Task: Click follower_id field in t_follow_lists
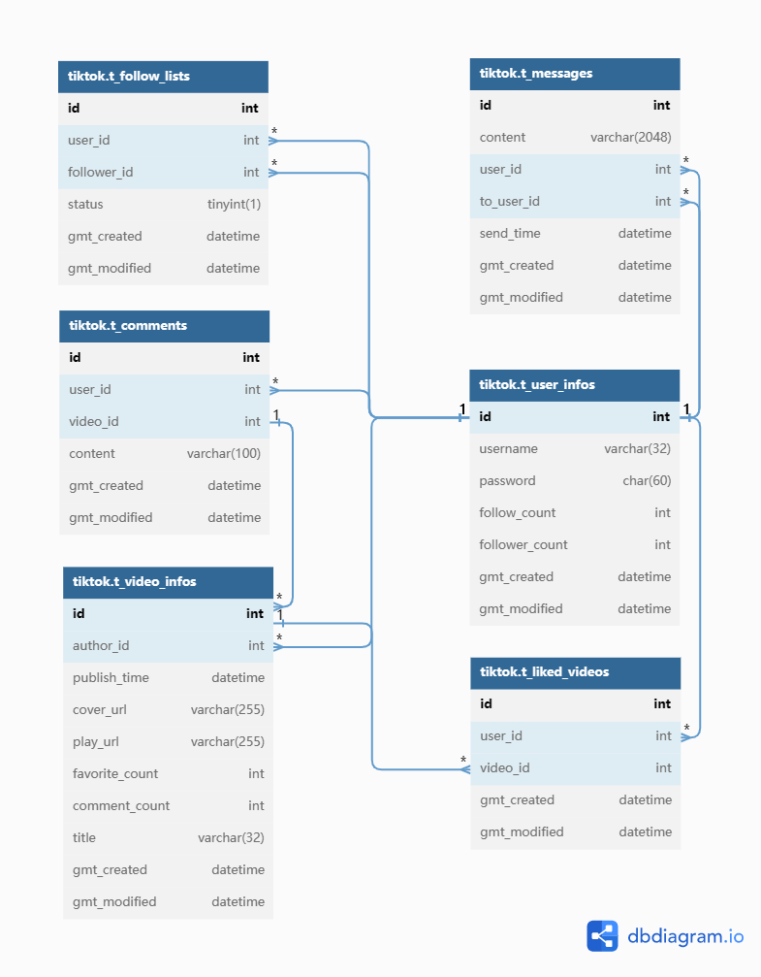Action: pyautogui.click(x=101, y=173)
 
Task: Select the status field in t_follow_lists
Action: pyautogui.click(x=85, y=205)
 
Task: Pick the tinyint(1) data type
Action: pyautogui.click(x=234, y=205)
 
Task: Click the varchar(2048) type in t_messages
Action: pyautogui.click(x=630, y=138)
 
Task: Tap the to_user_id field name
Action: pyautogui.click(x=509, y=202)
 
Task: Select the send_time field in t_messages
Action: pyautogui.click(x=510, y=234)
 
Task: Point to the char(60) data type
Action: pyautogui.click(x=647, y=481)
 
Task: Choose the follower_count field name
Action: pyautogui.click(x=523, y=545)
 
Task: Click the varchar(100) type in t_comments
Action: pyautogui.click(x=224, y=454)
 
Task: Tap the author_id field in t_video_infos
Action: pyautogui.click(x=101, y=646)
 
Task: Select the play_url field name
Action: pyautogui.click(x=96, y=742)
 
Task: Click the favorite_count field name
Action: pyautogui.click(x=115, y=774)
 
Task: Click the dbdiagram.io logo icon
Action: pyautogui.click(x=602, y=935)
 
